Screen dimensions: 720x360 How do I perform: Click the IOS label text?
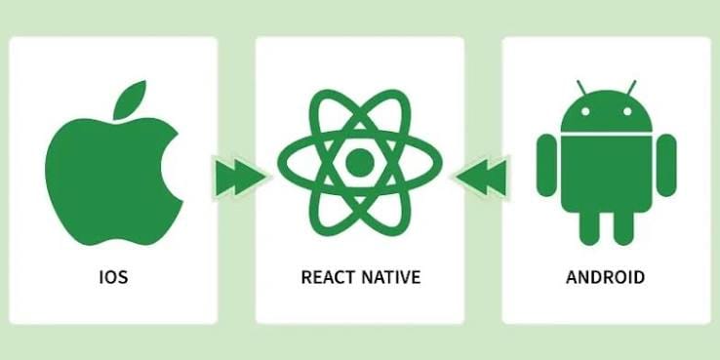click(113, 277)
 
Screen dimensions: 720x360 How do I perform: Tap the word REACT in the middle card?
click(328, 277)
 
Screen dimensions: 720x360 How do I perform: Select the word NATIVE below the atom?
click(391, 277)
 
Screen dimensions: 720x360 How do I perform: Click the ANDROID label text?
click(605, 277)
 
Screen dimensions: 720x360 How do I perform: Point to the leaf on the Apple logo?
click(130, 100)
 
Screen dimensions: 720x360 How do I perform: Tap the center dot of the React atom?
click(360, 163)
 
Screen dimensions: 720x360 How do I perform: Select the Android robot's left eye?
click(585, 111)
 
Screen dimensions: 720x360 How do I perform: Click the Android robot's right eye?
click(627, 111)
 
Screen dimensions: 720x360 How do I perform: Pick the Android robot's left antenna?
click(581, 87)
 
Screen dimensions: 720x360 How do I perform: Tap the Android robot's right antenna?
click(631, 87)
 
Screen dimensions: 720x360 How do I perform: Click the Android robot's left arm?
click(546, 165)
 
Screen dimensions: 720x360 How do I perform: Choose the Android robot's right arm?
click(666, 165)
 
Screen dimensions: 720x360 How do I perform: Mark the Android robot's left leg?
click(589, 227)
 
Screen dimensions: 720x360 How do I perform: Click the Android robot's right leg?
click(623, 227)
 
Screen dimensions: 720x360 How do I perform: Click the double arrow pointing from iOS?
click(240, 177)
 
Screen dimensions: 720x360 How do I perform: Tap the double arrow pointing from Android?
click(482, 177)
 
